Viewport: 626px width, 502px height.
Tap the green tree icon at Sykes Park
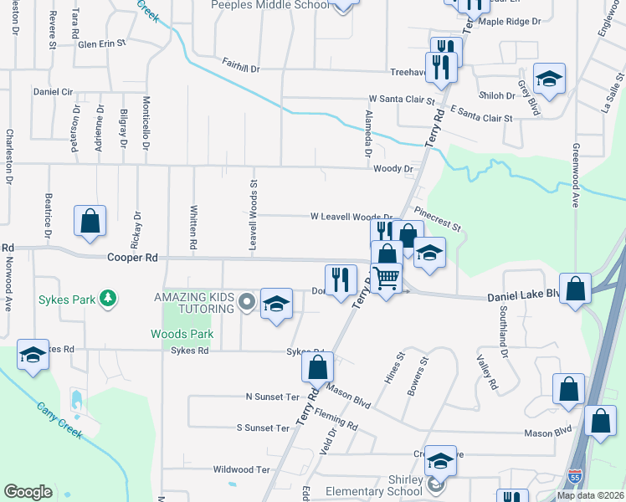[107, 298]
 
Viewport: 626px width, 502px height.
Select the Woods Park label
[182, 334]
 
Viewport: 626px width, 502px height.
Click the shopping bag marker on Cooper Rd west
[90, 222]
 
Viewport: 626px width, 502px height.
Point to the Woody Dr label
[393, 169]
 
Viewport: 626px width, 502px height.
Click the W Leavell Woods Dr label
[351, 217]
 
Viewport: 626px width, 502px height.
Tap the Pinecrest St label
[437, 220]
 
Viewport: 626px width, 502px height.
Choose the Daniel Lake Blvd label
[523, 295]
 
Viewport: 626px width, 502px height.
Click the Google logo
[28, 492]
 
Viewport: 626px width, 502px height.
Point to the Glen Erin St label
[101, 43]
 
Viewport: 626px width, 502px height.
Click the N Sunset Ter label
[272, 396]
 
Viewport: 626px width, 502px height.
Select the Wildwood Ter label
[242, 470]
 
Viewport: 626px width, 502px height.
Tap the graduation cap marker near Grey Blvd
[549, 79]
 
